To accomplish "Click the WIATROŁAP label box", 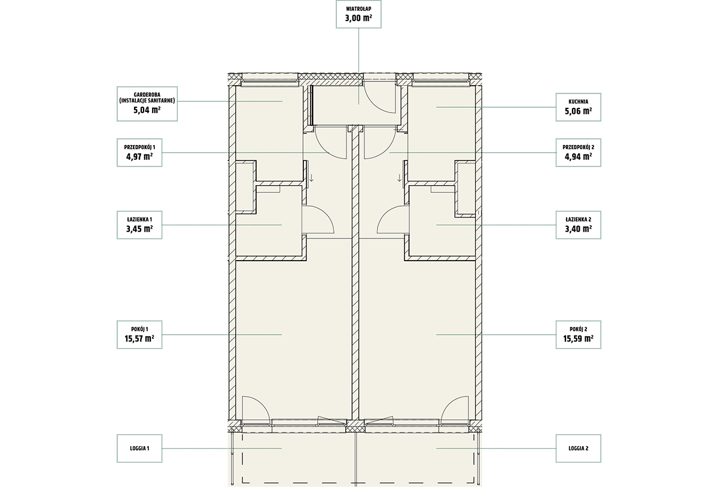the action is coord(358,14).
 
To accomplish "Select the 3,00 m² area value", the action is coord(358,18).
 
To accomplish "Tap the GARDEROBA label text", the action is coord(147,95).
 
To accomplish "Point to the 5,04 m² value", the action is coord(147,110).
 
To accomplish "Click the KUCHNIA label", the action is coord(578,102).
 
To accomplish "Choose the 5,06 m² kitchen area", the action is coord(578,111).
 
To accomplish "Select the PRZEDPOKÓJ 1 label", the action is coord(139,147).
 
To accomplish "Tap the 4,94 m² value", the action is coord(578,156).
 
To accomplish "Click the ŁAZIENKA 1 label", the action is coord(139,219).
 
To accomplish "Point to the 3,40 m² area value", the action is coord(578,229).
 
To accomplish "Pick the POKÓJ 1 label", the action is coord(139,329).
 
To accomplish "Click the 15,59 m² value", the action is coord(578,338).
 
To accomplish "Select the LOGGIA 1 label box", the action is coord(139,449).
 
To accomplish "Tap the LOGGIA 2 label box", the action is coord(578,449).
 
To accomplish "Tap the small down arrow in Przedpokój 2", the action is coord(400,178).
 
